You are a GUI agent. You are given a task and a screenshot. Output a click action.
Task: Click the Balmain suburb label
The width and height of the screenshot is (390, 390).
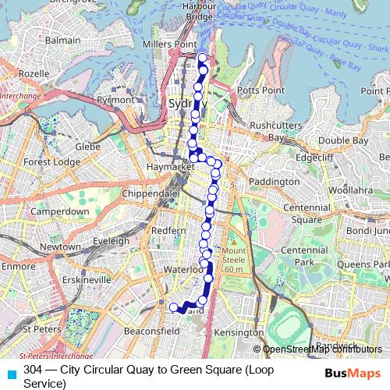point(62,39)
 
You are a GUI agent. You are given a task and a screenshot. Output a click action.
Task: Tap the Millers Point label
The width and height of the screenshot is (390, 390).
point(169,44)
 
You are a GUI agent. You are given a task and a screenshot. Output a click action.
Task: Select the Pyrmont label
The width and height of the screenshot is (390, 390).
point(115,101)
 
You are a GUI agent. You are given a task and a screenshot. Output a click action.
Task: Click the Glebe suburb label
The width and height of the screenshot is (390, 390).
point(87,146)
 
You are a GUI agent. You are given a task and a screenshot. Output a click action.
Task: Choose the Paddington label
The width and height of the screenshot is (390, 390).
point(273,181)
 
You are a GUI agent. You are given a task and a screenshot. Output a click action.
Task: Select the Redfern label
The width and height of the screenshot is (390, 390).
point(168,231)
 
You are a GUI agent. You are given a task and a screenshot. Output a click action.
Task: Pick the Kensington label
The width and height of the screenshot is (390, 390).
point(239,333)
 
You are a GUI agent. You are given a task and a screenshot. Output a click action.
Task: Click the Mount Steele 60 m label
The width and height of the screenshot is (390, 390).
point(234,260)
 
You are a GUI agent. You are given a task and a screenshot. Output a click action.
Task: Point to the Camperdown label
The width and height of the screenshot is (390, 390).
point(59,211)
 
